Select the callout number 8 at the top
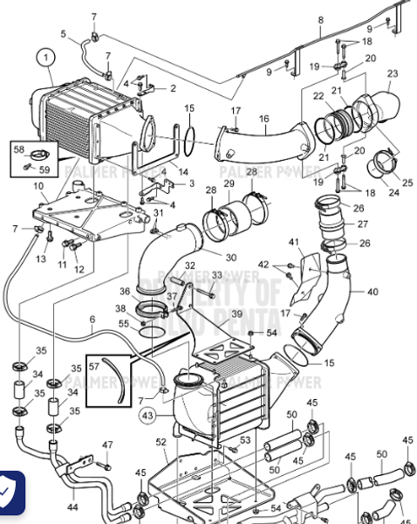click(x=320, y=20)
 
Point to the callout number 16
click(x=263, y=118)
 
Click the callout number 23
click(x=393, y=74)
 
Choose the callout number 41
click(x=293, y=241)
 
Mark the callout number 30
click(x=230, y=258)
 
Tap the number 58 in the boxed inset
click(x=19, y=149)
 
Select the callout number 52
click(x=161, y=442)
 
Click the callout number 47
click(x=107, y=445)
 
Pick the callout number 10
click(x=38, y=186)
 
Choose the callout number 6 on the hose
click(x=92, y=321)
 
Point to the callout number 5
click(x=63, y=34)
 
